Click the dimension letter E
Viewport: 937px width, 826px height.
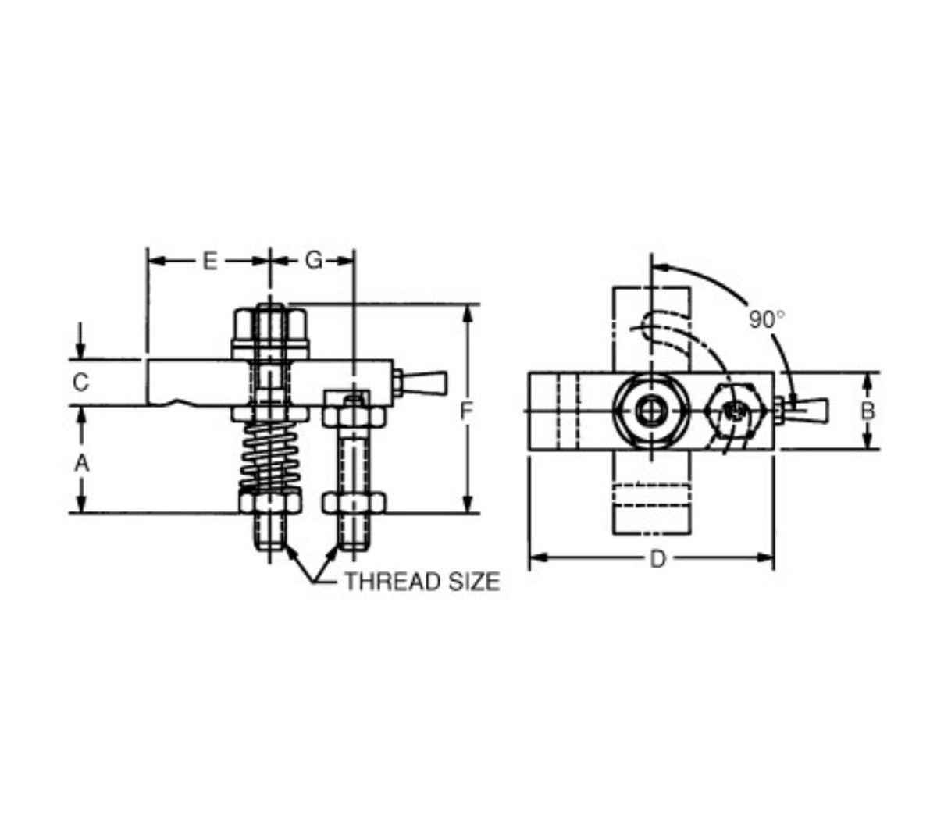pos(209,262)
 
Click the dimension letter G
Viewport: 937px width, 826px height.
pos(313,262)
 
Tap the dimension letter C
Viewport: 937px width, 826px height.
pos(81,383)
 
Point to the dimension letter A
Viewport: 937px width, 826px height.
pos(81,463)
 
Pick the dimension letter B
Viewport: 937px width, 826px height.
pos(868,411)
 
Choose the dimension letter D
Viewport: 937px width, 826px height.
pos(657,559)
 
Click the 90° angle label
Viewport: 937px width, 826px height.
pos(766,319)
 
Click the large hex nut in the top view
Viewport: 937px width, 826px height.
pos(650,411)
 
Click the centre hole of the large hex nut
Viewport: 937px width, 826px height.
pos(650,411)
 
